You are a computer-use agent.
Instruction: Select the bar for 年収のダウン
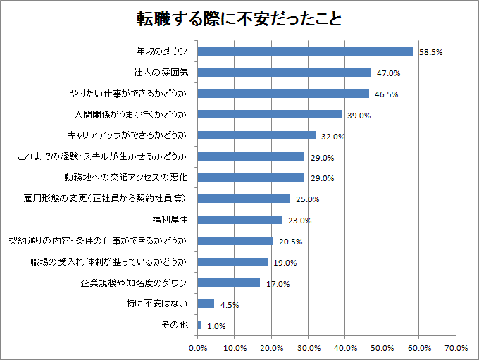tap(305, 51)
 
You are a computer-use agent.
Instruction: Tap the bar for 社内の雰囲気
tap(284, 73)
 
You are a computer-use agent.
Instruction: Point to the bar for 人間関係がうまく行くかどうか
tap(269, 114)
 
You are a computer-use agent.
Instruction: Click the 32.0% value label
tap(331, 136)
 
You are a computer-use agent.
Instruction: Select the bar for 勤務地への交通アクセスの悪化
tap(251, 178)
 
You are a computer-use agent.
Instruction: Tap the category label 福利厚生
tap(169, 220)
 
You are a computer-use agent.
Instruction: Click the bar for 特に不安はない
tap(206, 304)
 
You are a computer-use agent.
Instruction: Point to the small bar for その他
tap(199, 325)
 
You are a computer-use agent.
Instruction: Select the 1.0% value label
tap(216, 326)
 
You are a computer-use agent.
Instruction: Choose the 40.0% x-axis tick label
tap(345, 348)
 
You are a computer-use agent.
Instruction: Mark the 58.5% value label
tap(430, 52)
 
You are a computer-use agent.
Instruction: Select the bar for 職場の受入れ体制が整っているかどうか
tap(232, 262)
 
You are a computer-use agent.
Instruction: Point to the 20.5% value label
tap(290, 242)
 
